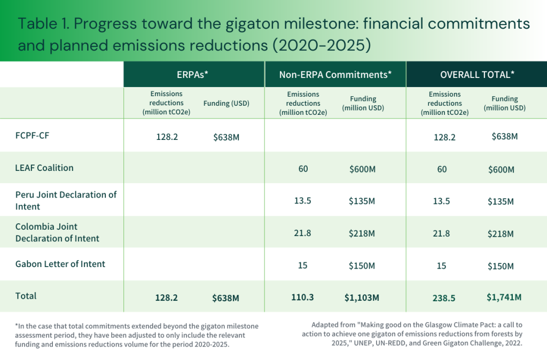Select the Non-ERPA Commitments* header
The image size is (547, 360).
[x=335, y=75]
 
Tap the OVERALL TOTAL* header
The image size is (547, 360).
[x=476, y=75]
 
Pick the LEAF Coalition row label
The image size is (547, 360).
[x=44, y=168]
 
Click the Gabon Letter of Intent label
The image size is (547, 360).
[x=60, y=264]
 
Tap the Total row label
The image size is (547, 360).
[x=26, y=295]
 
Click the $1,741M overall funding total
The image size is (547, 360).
[x=504, y=297]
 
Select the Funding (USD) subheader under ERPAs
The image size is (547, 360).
[x=226, y=103]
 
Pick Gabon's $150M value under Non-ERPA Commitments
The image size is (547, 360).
[x=363, y=265]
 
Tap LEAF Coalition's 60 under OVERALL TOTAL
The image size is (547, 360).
[x=441, y=170]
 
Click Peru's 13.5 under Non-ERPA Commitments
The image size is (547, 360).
[x=303, y=201]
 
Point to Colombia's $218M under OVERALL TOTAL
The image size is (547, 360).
[x=501, y=234]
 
